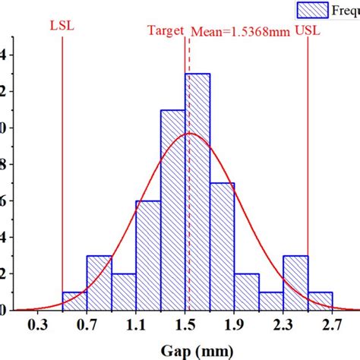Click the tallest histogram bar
pyautogui.click(x=197, y=190)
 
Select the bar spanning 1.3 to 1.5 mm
pyautogui.click(x=173, y=213)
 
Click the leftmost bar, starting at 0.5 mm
pyautogui.click(x=74, y=301)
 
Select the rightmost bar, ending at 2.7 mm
pyautogui.click(x=320, y=301)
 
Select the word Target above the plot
pyautogui.click(x=166, y=31)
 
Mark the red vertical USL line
pyautogui.click(x=308, y=152)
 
